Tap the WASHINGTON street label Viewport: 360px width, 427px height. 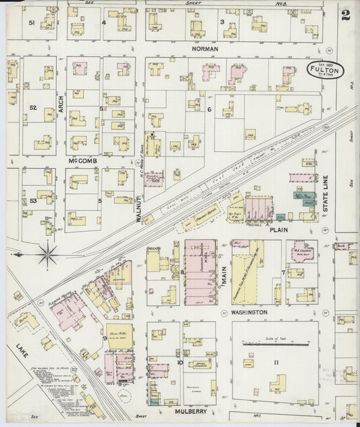click(x=247, y=312)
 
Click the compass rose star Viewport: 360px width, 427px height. click(x=47, y=255)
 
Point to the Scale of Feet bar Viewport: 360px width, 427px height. click(x=274, y=343)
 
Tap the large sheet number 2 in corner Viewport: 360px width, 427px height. click(x=346, y=15)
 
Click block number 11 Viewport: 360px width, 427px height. click(x=276, y=363)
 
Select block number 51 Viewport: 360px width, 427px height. click(x=32, y=22)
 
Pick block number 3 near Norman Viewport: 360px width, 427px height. click(x=222, y=22)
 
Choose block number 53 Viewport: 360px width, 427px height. click(x=32, y=201)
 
